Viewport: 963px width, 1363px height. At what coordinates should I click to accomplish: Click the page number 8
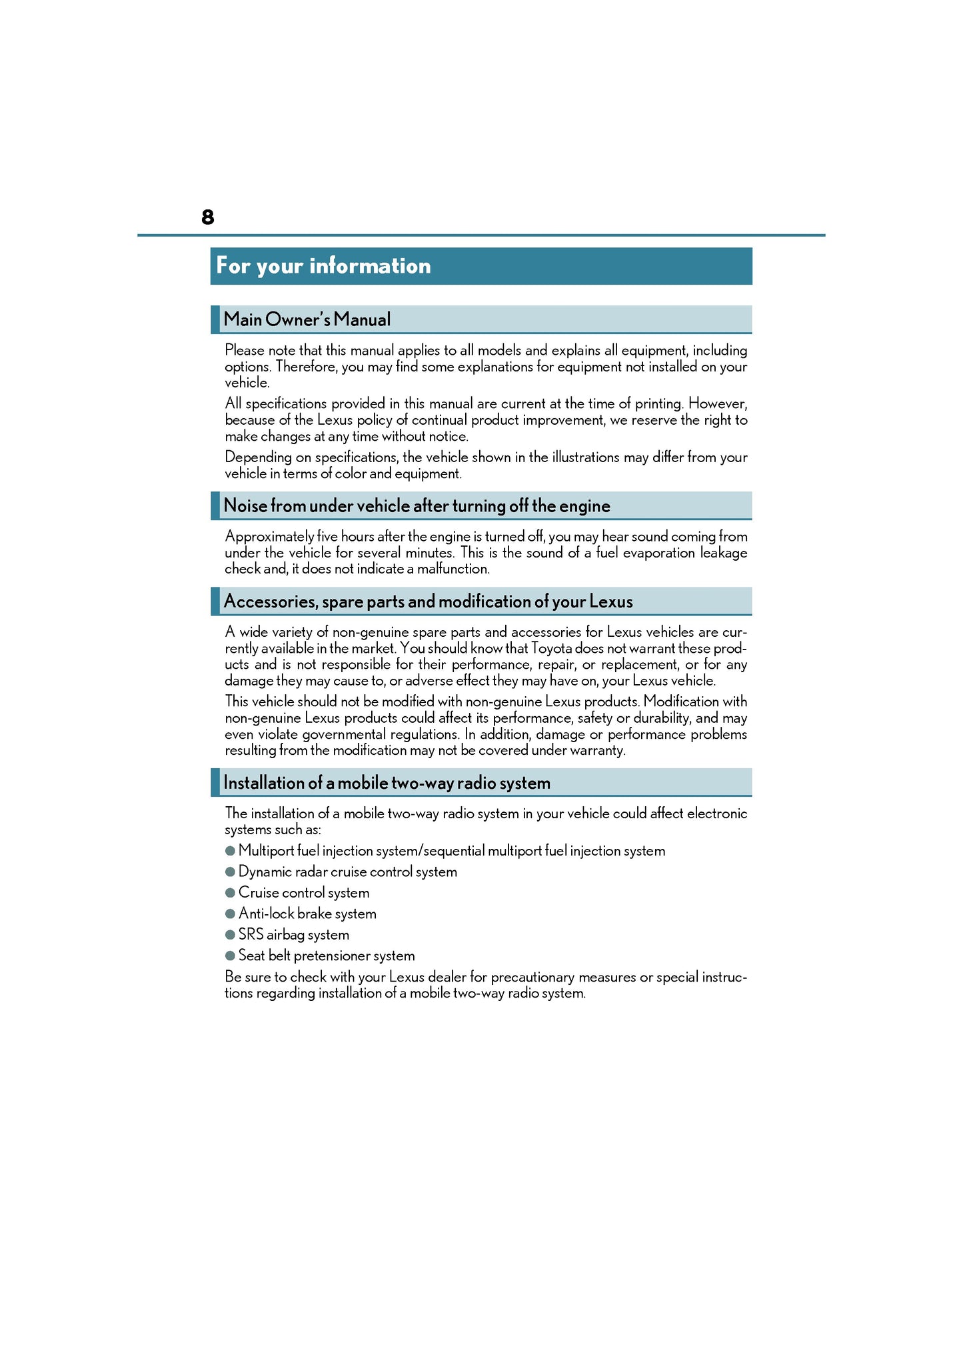pos(207,217)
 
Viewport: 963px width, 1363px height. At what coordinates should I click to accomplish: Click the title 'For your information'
pos(323,266)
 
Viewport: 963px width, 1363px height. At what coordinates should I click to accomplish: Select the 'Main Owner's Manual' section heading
pos(307,319)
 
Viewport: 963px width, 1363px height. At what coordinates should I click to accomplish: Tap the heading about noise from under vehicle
pos(417,506)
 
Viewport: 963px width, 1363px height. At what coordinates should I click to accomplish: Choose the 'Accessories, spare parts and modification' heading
pos(428,601)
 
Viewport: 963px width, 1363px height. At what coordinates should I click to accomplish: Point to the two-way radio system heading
pos(387,783)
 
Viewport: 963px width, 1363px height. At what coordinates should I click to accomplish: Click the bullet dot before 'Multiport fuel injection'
pos(230,851)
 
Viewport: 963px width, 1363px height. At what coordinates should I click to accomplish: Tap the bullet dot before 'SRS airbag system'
pos(230,935)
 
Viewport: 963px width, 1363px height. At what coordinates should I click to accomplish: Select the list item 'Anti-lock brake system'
pos(307,914)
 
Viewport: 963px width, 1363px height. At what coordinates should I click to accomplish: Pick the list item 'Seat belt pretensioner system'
pos(326,956)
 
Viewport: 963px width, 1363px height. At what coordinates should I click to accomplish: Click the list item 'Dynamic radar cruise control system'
pos(347,872)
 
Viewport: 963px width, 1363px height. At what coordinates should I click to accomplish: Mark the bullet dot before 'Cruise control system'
pos(230,893)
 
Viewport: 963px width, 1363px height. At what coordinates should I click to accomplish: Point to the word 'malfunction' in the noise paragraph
pos(453,569)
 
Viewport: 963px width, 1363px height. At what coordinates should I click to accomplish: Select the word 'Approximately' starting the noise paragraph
pos(269,537)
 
